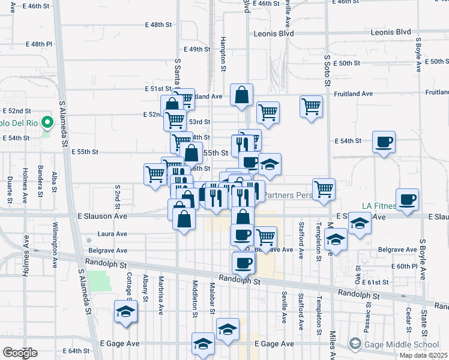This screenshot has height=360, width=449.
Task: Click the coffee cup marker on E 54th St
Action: pyautogui.click(x=383, y=143)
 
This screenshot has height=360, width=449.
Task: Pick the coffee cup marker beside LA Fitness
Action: pyautogui.click(x=407, y=200)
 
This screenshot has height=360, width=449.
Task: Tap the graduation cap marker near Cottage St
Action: pyautogui.click(x=125, y=312)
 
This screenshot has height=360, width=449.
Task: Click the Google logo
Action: pyautogui.click(x=20, y=353)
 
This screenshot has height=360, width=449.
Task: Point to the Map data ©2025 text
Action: pyautogui.click(x=424, y=355)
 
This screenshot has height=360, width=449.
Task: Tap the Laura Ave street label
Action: pyautogui.click(x=113, y=234)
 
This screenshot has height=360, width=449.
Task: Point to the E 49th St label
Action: pyautogui.click(x=194, y=49)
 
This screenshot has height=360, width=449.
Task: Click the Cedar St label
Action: pyautogui.click(x=408, y=314)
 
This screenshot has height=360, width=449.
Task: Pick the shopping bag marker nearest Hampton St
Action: pyautogui.click(x=241, y=95)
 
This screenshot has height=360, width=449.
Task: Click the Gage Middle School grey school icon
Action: pyautogui.click(x=355, y=344)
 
